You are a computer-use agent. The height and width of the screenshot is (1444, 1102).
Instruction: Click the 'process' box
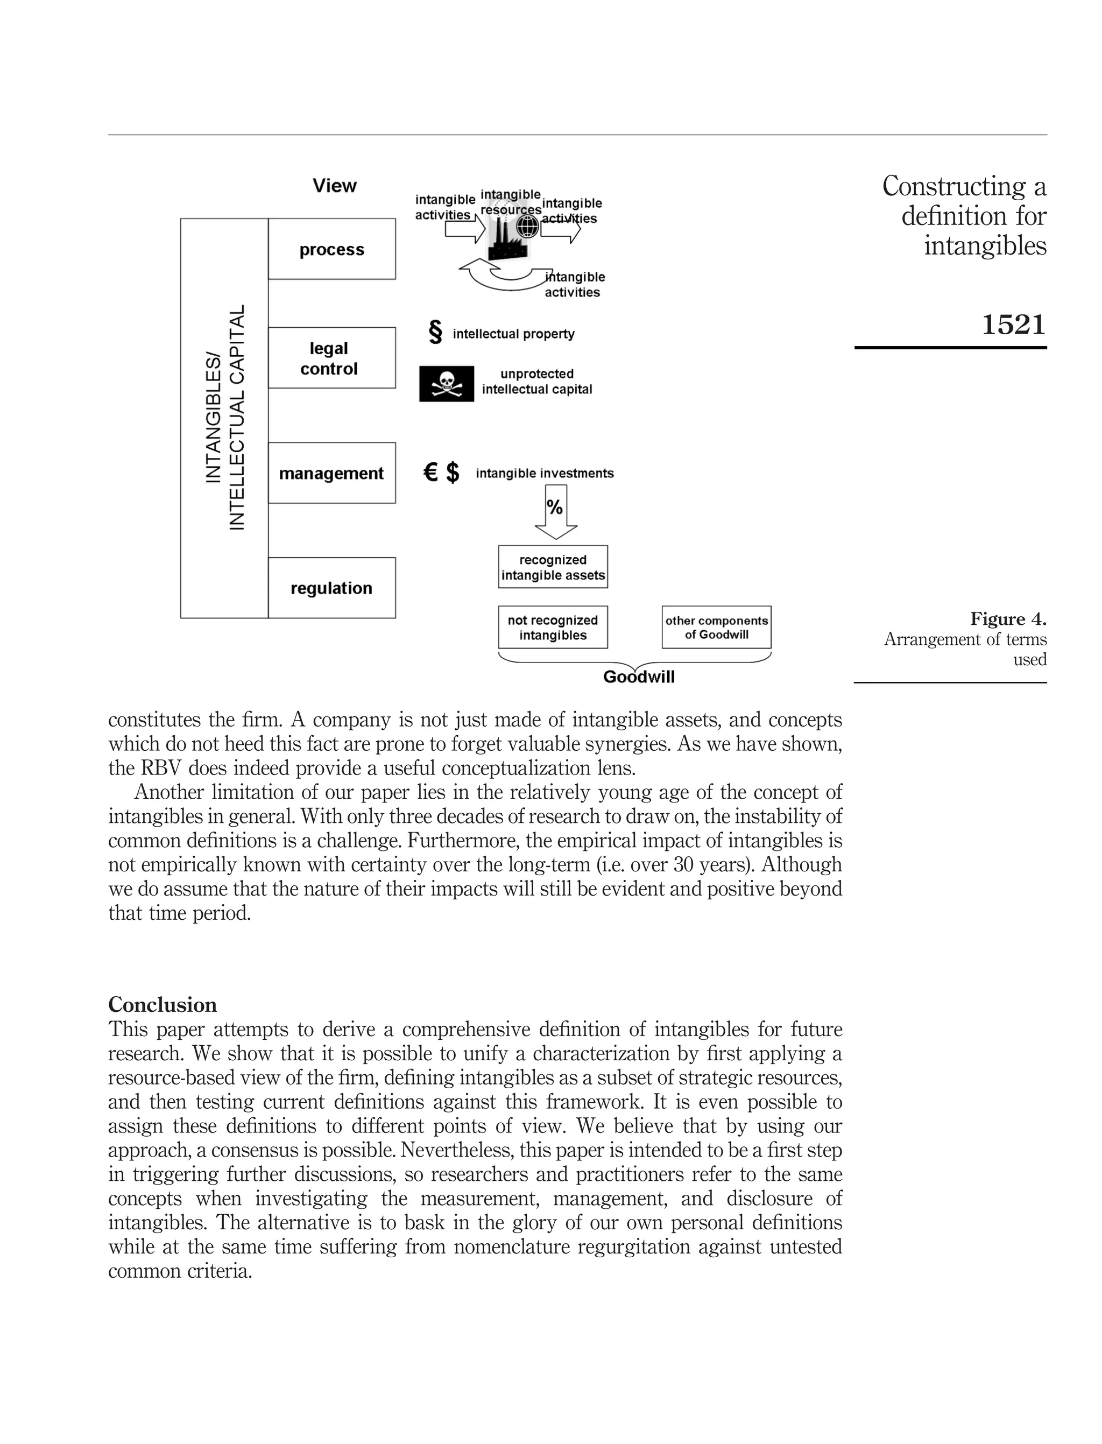(x=331, y=249)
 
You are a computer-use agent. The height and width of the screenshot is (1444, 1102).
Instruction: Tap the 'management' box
(x=331, y=473)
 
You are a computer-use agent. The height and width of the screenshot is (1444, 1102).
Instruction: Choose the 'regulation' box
(x=331, y=588)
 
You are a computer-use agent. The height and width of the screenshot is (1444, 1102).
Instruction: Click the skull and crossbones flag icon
(x=446, y=383)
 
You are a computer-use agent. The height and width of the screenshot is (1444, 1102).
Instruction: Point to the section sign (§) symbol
(x=435, y=333)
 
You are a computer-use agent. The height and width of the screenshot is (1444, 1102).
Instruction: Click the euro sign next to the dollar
(x=430, y=473)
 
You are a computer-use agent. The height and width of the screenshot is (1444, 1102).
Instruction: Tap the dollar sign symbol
(x=453, y=473)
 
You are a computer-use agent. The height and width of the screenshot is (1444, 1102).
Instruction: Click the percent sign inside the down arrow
(x=555, y=507)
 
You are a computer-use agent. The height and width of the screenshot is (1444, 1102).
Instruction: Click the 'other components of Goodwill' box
(x=716, y=627)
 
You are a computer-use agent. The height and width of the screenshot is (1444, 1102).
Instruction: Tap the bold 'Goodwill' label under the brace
(x=638, y=677)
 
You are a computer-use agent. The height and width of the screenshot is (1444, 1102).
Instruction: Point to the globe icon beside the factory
(x=527, y=227)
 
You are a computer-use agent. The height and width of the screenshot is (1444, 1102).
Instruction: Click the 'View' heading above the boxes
(x=335, y=186)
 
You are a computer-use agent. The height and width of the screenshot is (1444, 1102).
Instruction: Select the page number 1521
(x=1013, y=325)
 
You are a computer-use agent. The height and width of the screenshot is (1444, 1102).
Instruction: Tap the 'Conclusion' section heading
(x=162, y=1004)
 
